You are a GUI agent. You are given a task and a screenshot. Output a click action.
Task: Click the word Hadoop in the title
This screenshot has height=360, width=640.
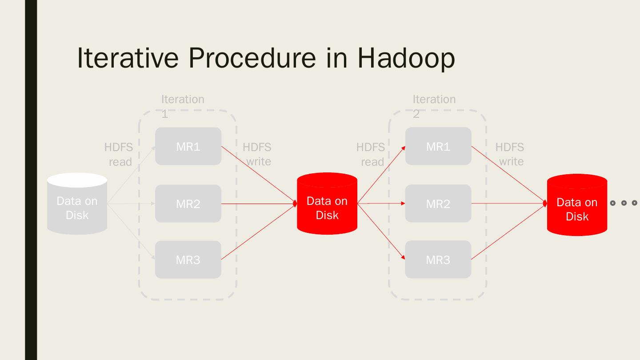click(x=406, y=58)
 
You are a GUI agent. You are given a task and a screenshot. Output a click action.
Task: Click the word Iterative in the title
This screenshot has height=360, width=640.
click(x=128, y=58)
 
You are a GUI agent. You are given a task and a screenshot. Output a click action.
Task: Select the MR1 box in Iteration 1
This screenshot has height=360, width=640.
click(x=188, y=146)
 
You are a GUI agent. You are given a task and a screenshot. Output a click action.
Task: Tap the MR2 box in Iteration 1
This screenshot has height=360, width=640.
click(x=188, y=204)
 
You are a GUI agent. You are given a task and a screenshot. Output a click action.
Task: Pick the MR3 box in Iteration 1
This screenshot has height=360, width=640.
click(x=188, y=260)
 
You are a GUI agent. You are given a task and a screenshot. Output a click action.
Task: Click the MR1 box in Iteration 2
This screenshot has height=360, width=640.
click(x=438, y=146)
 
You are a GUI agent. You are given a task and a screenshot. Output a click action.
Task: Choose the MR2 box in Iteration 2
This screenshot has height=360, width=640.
click(x=438, y=204)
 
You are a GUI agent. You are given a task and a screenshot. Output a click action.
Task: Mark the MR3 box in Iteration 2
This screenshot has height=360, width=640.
click(x=438, y=260)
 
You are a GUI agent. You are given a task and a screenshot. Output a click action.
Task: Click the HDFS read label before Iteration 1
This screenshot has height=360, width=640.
click(x=119, y=154)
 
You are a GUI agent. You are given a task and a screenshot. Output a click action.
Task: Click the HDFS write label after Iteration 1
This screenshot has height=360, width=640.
click(x=257, y=154)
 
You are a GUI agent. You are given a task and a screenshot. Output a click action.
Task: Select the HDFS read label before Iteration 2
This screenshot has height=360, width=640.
click(x=370, y=154)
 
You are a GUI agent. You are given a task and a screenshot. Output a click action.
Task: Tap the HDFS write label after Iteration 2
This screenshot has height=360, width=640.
click(x=510, y=154)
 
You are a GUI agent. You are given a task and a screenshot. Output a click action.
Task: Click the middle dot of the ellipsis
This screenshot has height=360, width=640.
click(x=624, y=203)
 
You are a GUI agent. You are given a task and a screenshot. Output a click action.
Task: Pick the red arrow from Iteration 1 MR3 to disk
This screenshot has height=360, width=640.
click(x=259, y=232)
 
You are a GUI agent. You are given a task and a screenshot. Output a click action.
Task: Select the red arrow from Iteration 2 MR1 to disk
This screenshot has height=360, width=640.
click(x=509, y=175)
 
